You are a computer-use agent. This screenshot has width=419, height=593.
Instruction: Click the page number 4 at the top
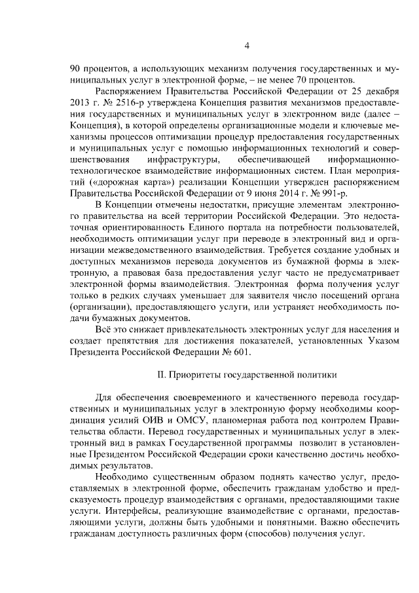tap(246, 45)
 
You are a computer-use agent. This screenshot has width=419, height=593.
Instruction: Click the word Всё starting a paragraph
tap(105, 330)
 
